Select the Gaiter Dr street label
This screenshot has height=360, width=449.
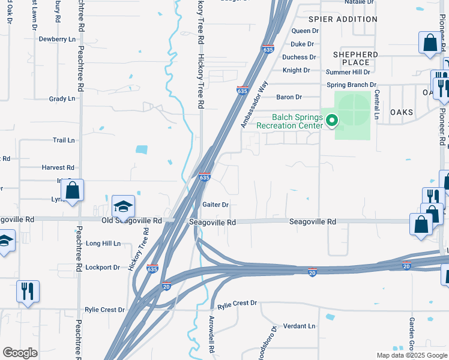[216, 205]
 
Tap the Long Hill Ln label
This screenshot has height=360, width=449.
[103, 244]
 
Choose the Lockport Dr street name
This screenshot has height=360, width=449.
[103, 267]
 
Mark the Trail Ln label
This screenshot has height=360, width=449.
[64, 140]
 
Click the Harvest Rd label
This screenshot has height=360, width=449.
[58, 167]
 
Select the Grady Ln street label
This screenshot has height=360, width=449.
[62, 98]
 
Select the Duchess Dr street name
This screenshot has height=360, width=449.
[299, 57]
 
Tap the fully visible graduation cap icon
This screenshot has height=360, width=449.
[123, 207]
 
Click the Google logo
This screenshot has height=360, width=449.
[20, 352]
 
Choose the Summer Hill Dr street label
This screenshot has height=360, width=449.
[301, 72]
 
